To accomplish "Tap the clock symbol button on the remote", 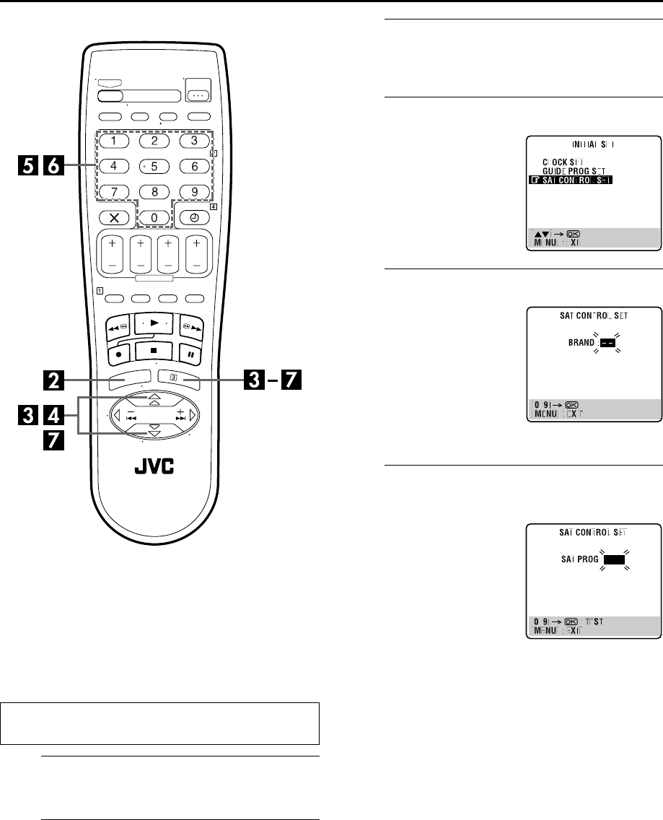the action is [194, 216].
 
